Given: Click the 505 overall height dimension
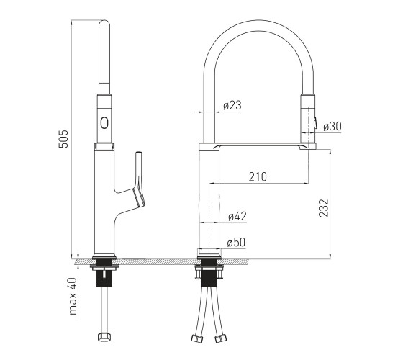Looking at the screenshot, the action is click(63, 139).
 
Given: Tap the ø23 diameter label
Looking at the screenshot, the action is click(232, 105).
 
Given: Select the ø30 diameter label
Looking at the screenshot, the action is click(332, 126).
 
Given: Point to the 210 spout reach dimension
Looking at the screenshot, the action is click(258, 176).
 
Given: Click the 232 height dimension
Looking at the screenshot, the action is click(324, 208).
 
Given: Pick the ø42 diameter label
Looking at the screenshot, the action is click(237, 216).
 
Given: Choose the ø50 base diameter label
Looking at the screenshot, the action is click(236, 242).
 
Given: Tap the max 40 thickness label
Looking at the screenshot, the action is click(73, 296).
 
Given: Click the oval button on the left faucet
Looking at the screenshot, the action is click(104, 122).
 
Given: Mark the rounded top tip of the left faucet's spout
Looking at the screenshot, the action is click(104, 21).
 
